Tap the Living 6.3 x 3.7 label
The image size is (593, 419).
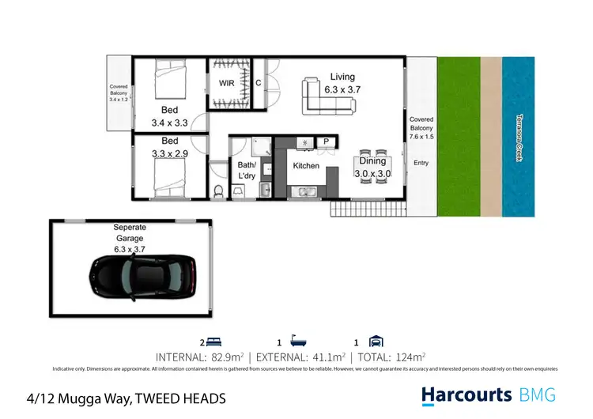coord(342,84)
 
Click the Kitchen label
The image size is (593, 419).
coord(305,166)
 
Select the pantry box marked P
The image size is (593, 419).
coord(326,142)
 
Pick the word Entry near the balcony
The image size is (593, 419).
coord(421,163)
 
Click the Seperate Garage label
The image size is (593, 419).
coord(130,232)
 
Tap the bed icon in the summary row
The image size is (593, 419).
coord(216,342)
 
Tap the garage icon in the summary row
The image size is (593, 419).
coord(377,342)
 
